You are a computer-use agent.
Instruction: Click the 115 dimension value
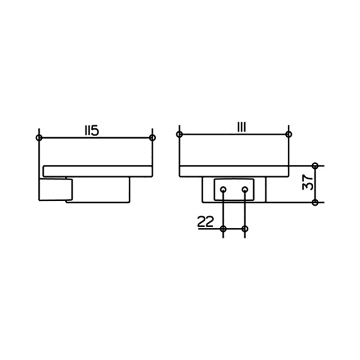click(92, 131)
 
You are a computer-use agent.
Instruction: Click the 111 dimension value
click(241, 127)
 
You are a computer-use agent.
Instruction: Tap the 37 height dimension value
click(308, 182)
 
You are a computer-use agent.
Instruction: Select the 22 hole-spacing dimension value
click(206, 222)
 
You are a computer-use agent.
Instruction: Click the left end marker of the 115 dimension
click(39, 138)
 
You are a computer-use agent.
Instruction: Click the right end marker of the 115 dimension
click(152, 138)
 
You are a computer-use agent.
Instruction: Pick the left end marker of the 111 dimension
click(180, 134)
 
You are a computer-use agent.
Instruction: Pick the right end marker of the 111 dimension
click(288, 134)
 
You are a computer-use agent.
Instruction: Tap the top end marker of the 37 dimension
click(315, 166)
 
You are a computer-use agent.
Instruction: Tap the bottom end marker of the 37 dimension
click(315, 202)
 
